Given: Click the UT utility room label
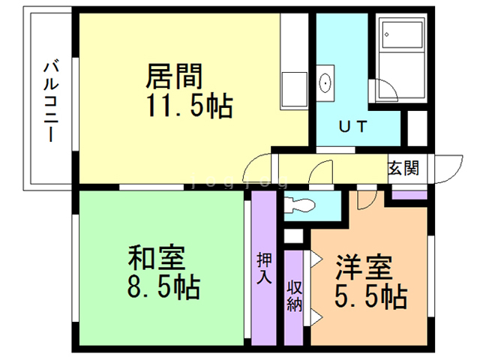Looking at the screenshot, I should (x=351, y=127).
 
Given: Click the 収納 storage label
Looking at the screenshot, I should (x=293, y=295).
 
